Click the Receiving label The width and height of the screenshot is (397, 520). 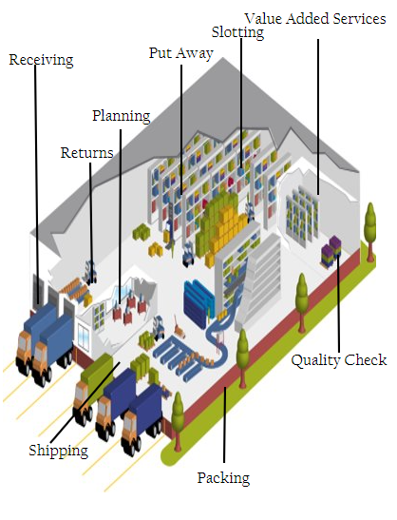(x=41, y=60)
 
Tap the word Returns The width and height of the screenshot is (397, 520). (x=87, y=153)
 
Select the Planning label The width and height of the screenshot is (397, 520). (x=122, y=116)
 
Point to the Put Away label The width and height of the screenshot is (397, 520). (x=181, y=53)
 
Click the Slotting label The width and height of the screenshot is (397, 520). (x=238, y=32)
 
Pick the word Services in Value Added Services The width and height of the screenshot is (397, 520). (x=360, y=19)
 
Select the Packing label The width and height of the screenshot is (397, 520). (x=223, y=478)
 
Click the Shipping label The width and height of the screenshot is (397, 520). (x=58, y=451)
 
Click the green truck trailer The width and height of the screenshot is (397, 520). (x=98, y=371)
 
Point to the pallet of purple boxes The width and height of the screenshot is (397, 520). (x=331, y=250)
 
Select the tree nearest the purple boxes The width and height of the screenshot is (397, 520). (x=370, y=230)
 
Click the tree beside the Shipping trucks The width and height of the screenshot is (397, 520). (x=178, y=419)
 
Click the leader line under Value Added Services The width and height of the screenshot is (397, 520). (x=318, y=117)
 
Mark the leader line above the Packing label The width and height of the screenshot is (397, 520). (x=225, y=425)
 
